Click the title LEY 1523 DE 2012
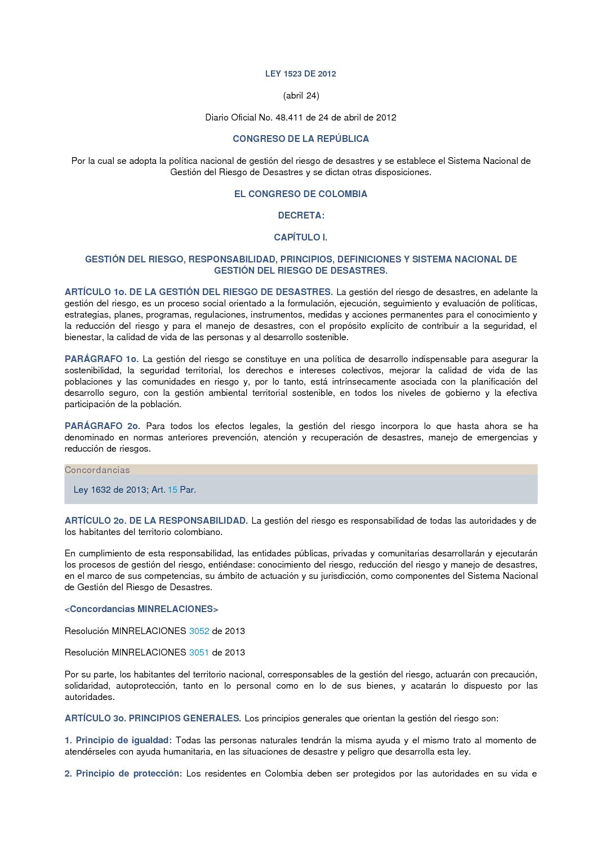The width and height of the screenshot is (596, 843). click(300, 74)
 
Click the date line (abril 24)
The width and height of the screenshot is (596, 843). click(301, 96)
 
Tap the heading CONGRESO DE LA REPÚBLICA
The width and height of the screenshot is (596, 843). click(301, 139)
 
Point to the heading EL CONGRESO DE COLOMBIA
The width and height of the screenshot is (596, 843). click(300, 194)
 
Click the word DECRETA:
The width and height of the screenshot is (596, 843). click(301, 216)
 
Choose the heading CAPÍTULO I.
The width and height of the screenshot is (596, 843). click(300, 238)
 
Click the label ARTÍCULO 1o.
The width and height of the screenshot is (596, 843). click(95, 292)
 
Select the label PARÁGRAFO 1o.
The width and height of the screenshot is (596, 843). click(101, 359)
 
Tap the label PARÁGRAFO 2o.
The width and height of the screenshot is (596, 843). click(102, 426)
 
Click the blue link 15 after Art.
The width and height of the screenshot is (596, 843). click(172, 490)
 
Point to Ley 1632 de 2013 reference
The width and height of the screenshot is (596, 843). click(110, 490)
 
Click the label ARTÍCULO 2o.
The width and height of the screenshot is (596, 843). click(95, 521)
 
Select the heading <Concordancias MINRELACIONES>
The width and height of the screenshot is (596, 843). click(141, 609)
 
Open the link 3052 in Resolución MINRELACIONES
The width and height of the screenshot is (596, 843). click(199, 631)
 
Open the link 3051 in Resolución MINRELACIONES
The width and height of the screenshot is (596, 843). click(199, 653)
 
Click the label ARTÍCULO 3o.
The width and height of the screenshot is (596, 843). click(95, 719)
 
